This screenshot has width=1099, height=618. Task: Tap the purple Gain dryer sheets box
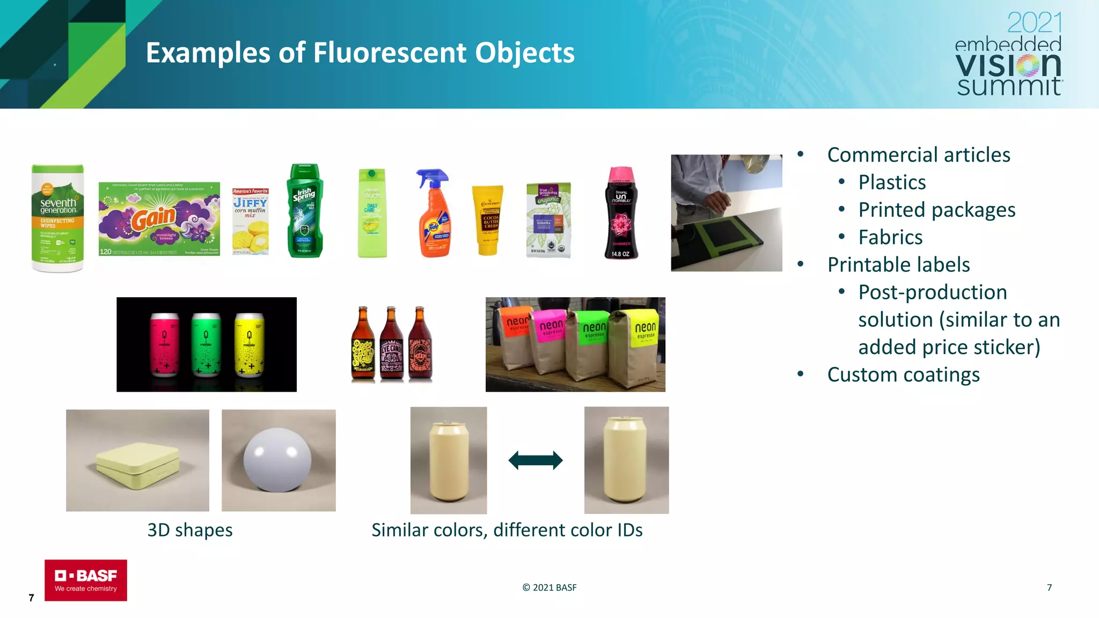pyautogui.click(x=159, y=219)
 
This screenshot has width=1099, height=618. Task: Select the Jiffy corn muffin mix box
pyautogui.click(x=250, y=221)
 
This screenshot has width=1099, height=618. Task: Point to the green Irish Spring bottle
pyautogui.click(x=305, y=211)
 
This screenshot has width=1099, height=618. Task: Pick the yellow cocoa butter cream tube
pyautogui.click(x=488, y=220)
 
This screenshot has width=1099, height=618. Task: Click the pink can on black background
pyautogui.click(x=165, y=344)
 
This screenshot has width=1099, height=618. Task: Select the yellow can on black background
pyautogui.click(x=250, y=344)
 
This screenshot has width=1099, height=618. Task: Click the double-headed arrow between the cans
pyautogui.click(x=535, y=460)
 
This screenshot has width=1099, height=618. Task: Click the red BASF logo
pyautogui.click(x=86, y=580)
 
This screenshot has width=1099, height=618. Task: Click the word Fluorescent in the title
pyautogui.click(x=390, y=53)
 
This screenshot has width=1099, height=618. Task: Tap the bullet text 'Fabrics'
pyautogui.click(x=890, y=237)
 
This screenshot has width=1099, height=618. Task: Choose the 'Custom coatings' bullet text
pyautogui.click(x=903, y=374)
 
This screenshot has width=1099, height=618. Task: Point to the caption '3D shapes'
pyautogui.click(x=190, y=530)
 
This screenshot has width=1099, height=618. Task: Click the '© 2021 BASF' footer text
pyautogui.click(x=549, y=587)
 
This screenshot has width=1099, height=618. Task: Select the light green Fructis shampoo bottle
pyautogui.click(x=372, y=214)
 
